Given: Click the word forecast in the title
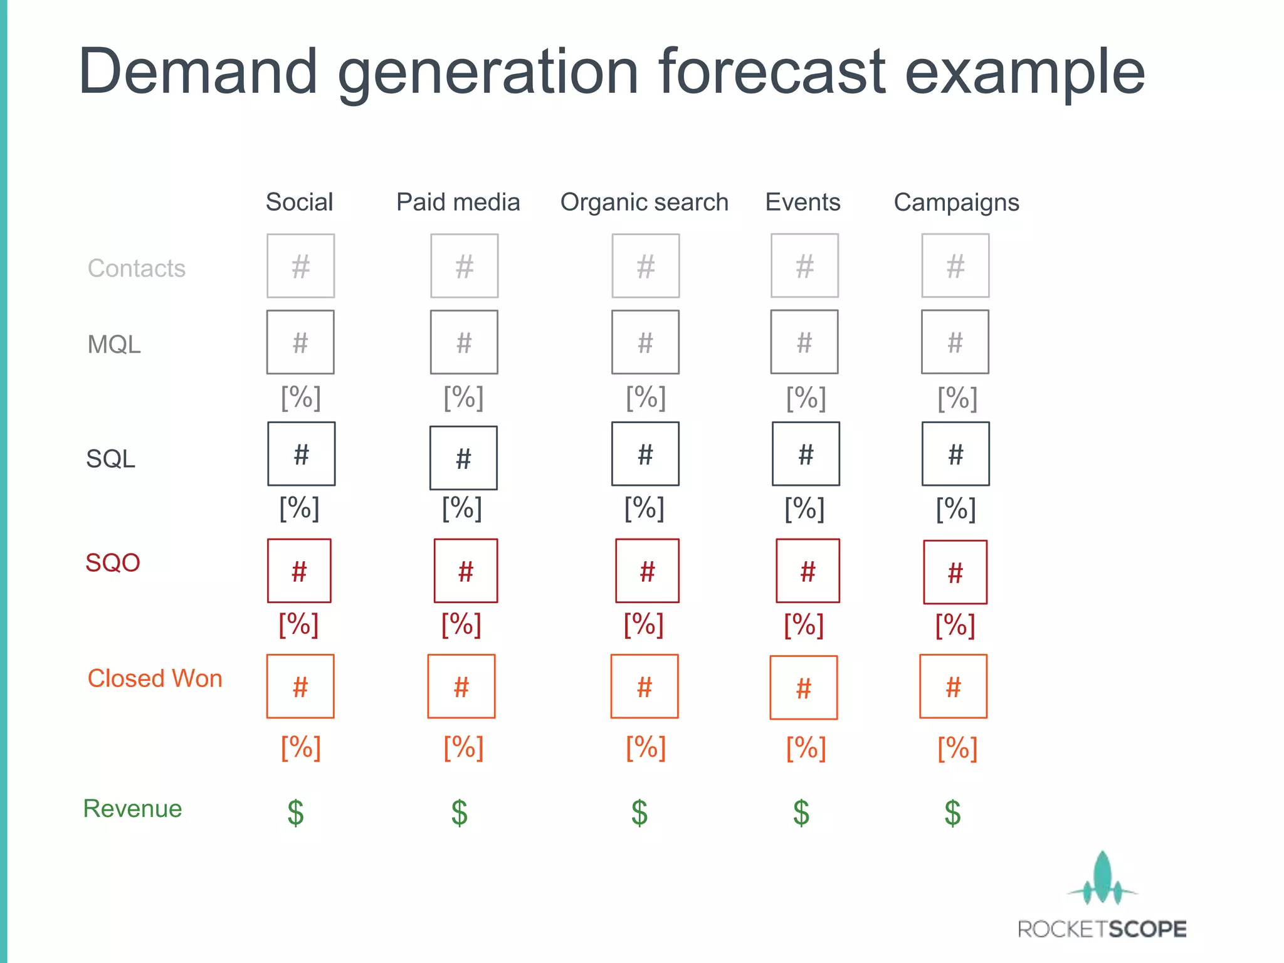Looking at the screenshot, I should (x=772, y=72).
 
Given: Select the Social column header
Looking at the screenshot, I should (x=299, y=203).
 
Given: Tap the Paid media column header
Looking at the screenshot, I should (x=458, y=203).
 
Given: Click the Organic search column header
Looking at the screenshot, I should (x=644, y=203).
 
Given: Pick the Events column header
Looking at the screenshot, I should (x=802, y=203).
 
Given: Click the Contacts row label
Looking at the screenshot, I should (x=137, y=268).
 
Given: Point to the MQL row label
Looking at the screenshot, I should (x=114, y=345).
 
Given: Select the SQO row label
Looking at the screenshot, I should (x=113, y=563).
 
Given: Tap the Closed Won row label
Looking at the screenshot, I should (x=155, y=679).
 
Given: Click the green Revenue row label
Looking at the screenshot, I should (x=132, y=809).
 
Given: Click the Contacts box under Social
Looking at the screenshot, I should (x=300, y=266).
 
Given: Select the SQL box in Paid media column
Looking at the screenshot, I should (x=463, y=458).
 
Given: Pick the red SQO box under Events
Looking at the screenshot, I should (x=808, y=571).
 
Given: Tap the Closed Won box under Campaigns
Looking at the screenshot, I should (x=953, y=687).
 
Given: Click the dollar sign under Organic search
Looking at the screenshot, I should (x=639, y=813).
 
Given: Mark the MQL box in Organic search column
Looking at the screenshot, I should (x=645, y=342).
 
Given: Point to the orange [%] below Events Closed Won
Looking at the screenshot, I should (x=806, y=749).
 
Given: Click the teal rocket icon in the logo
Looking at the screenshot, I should (x=1102, y=878).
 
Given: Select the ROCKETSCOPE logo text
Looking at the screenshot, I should (x=1102, y=929).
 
